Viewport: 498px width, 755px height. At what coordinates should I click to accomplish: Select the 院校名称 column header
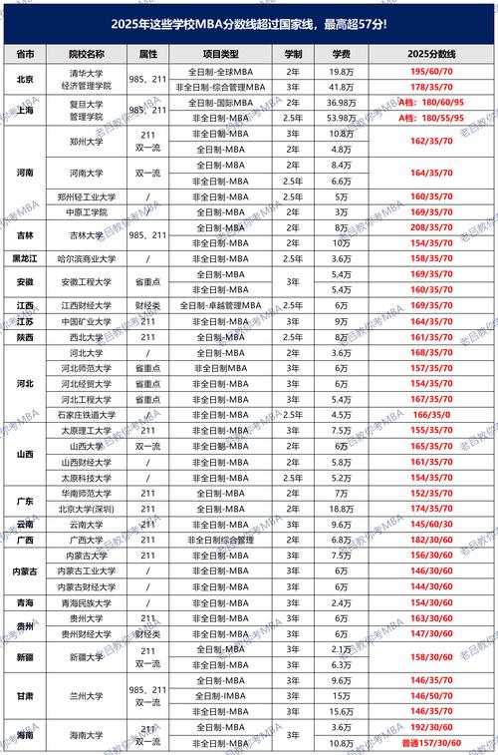(86, 52)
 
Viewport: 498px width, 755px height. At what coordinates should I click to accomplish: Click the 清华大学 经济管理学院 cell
(86, 80)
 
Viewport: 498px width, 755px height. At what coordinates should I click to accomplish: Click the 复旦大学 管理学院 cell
(86, 110)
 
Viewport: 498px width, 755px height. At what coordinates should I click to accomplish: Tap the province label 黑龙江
(23, 256)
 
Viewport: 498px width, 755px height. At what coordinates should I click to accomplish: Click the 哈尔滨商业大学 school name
(86, 256)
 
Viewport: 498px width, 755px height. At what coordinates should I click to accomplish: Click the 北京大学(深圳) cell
(86, 508)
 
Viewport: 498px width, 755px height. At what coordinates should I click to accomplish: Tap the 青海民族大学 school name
(86, 602)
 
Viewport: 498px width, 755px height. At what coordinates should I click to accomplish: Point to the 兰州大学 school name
(86, 695)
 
